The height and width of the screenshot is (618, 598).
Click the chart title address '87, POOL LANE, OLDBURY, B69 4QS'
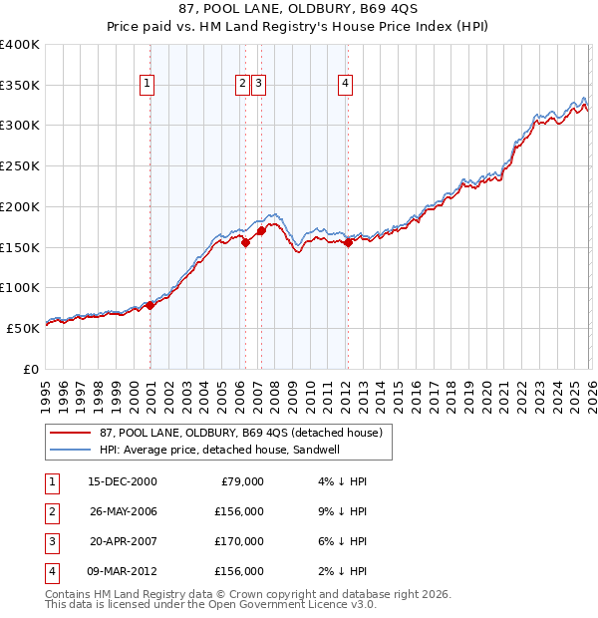pyautogui.click(x=298, y=10)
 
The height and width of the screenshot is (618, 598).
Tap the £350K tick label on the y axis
pyautogui.click(x=20, y=85)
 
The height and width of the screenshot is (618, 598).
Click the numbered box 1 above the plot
pyautogui.click(x=148, y=85)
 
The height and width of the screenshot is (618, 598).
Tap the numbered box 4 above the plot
pyautogui.click(x=345, y=85)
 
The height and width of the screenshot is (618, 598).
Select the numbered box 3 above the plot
pyautogui.click(x=258, y=85)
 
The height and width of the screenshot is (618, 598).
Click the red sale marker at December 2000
pyautogui.click(x=150, y=306)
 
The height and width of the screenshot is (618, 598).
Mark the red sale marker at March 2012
pyautogui.click(x=348, y=243)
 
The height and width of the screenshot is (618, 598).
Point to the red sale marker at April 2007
pyautogui.click(x=261, y=231)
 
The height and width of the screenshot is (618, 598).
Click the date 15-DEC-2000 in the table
pyautogui.click(x=123, y=480)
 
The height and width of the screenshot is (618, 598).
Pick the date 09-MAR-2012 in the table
pyautogui.click(x=123, y=571)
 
